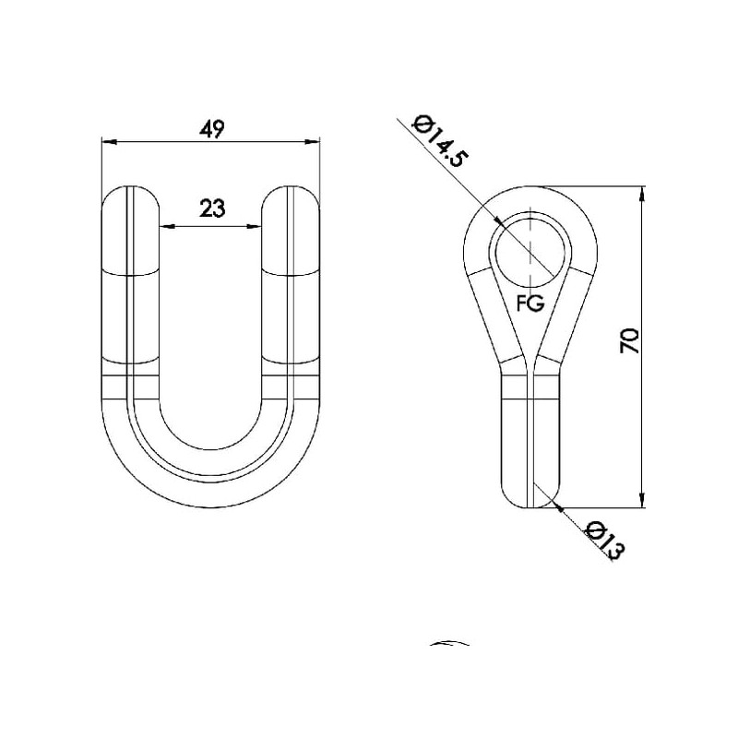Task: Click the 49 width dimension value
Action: (x=212, y=129)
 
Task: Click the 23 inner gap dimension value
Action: (x=213, y=208)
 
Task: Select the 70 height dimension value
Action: (x=630, y=341)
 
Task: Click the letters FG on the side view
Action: (x=530, y=303)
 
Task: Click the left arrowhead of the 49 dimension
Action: (x=109, y=141)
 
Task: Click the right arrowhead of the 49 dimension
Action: (x=313, y=142)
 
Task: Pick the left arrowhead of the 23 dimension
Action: (x=167, y=227)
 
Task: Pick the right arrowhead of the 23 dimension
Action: (x=255, y=227)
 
